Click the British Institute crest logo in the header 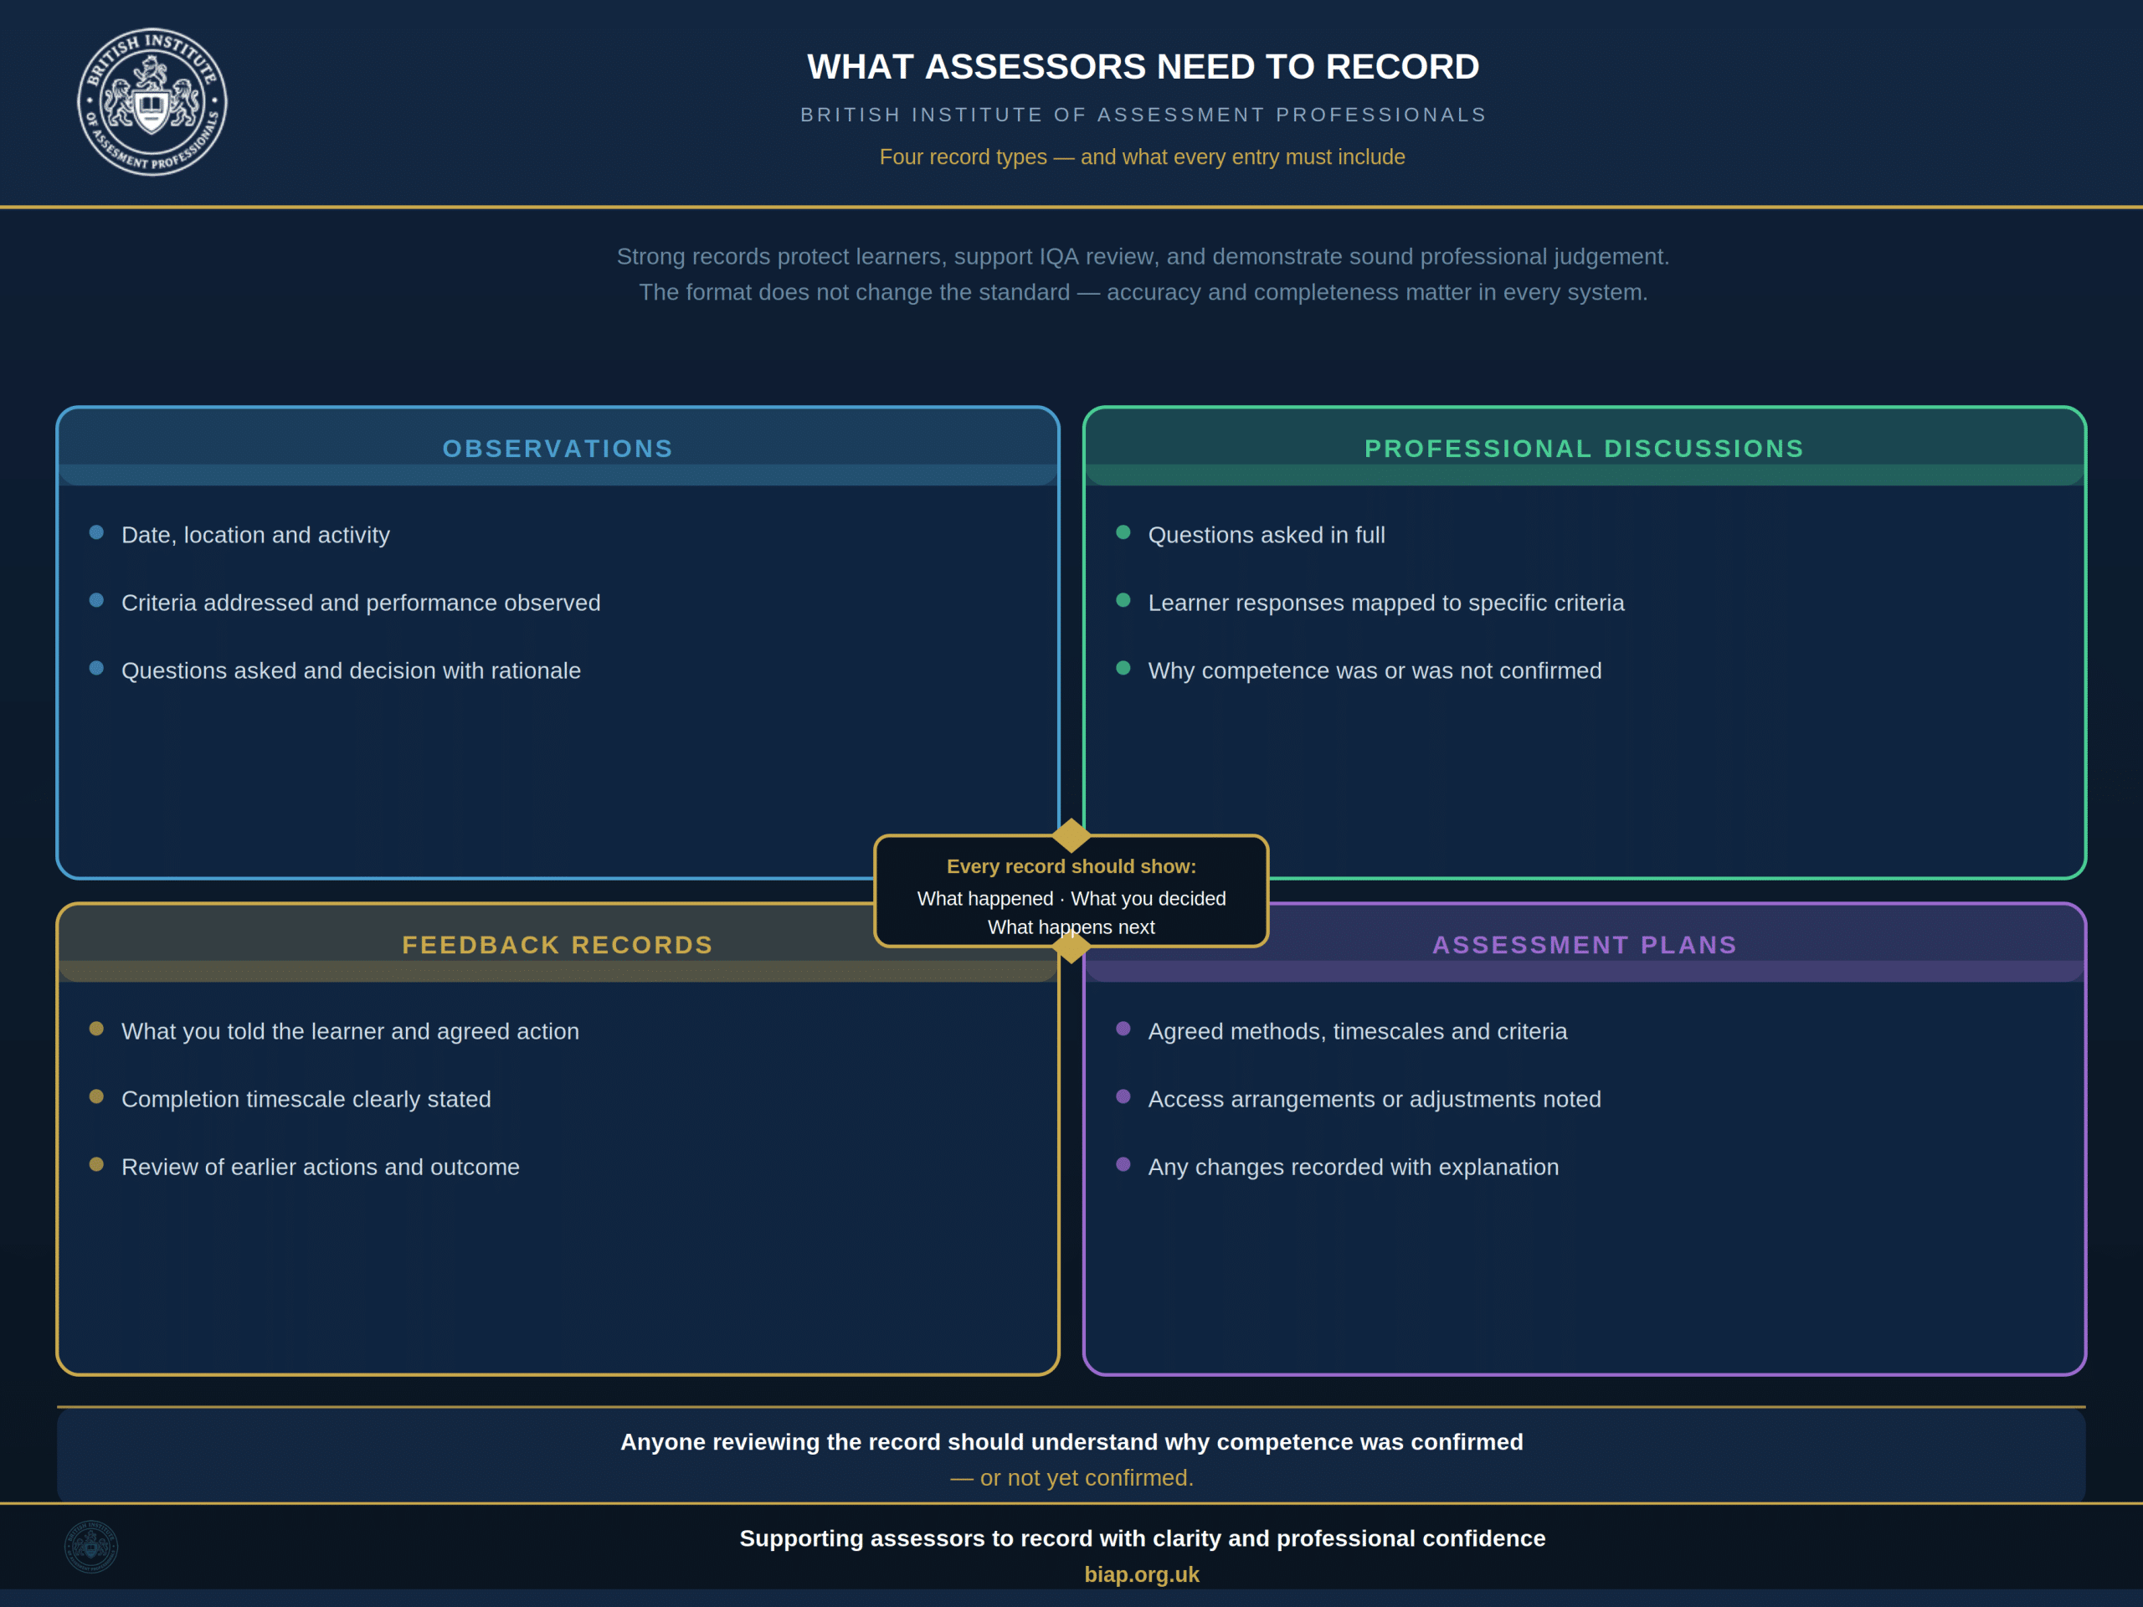coord(152,102)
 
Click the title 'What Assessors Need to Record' coord(1143,67)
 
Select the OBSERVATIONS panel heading coord(558,449)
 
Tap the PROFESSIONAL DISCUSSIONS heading coord(1584,449)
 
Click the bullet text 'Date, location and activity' coord(256,535)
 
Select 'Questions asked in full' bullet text coord(1267,535)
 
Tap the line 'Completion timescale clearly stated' coord(306,1100)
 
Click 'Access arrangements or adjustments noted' coord(1375,1100)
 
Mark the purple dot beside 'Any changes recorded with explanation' coord(1123,1163)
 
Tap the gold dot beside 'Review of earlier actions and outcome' coord(96,1163)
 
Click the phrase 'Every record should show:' coord(1071,866)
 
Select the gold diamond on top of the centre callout coord(1071,835)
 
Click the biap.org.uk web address coord(1142,1574)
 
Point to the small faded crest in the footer coord(91,1546)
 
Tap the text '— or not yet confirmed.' coord(1071,1477)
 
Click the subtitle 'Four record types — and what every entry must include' coord(1142,157)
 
